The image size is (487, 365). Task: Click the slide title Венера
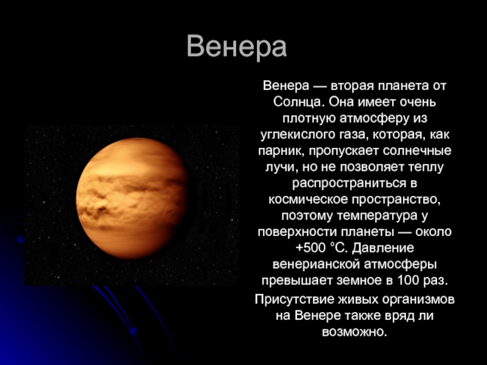[237, 47]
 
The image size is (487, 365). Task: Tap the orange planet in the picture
[132, 199]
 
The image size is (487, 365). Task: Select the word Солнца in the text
[298, 102]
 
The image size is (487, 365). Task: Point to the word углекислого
[298, 134]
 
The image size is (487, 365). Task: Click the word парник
[281, 151]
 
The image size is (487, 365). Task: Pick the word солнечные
[417, 151]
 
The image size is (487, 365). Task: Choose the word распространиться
[349, 184]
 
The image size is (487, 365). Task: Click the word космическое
[308, 200]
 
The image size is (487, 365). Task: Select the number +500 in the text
[310, 248]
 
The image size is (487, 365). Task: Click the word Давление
[384, 248]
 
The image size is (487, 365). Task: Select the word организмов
[418, 299]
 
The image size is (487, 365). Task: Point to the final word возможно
[354, 332]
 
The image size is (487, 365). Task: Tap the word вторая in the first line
[352, 86]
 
